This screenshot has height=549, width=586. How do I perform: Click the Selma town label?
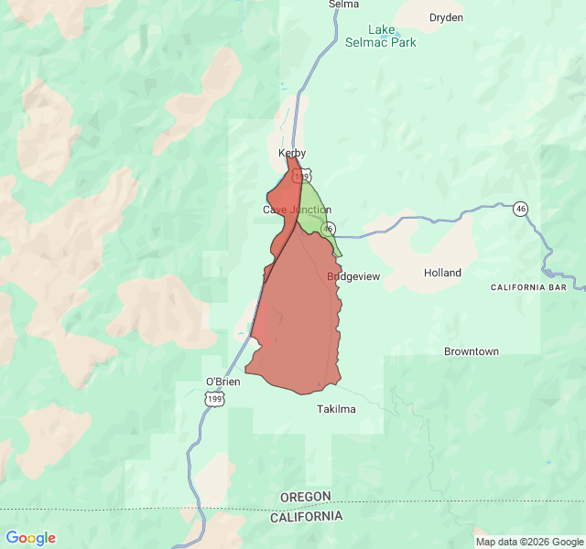(x=343, y=5)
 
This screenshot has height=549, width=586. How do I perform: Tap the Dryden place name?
(x=446, y=17)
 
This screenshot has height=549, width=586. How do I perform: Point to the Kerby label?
(x=292, y=153)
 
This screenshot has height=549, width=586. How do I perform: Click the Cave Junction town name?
(x=297, y=210)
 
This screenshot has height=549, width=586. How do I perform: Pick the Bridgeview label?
(x=353, y=275)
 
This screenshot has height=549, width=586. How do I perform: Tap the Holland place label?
(x=442, y=273)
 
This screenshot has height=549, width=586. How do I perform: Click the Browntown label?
(x=472, y=351)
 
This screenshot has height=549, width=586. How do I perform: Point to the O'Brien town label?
(x=222, y=382)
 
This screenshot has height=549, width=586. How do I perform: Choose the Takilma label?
(x=336, y=409)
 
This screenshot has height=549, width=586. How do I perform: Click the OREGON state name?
(x=306, y=497)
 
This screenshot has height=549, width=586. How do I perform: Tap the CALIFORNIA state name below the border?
(x=306, y=516)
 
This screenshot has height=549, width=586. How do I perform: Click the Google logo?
(x=30, y=538)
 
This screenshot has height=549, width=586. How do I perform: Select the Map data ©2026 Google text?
(x=528, y=542)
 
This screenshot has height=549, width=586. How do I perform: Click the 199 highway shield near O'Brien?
(x=214, y=399)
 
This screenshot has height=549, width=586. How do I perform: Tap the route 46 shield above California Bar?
(x=520, y=209)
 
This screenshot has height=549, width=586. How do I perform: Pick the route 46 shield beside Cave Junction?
(x=329, y=228)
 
